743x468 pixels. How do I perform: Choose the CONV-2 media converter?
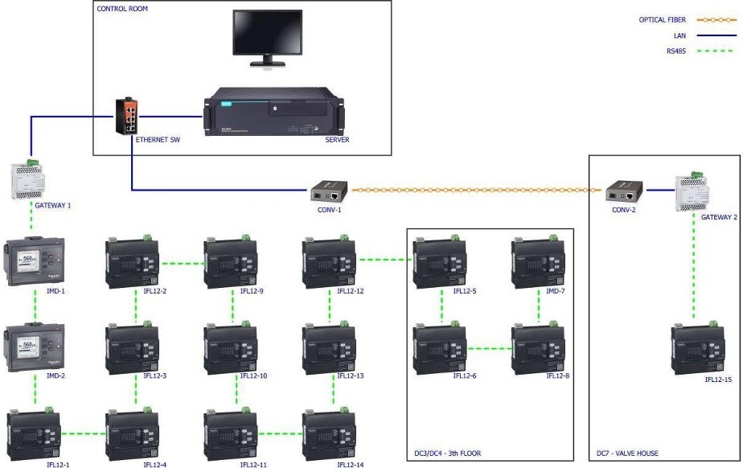pyautogui.click(x=623, y=191)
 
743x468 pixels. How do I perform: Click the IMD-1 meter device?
pyautogui.click(x=35, y=261)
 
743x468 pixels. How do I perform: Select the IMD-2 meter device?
pyautogui.click(x=35, y=347)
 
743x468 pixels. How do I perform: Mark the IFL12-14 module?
pyautogui.click(x=329, y=434)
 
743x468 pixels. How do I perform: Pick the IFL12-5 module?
pyautogui.click(x=440, y=261)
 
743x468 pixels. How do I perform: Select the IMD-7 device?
pyautogui.click(x=538, y=261)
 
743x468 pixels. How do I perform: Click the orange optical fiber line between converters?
pyautogui.click(x=474, y=191)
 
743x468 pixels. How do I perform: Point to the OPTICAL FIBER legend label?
pyautogui.click(x=663, y=19)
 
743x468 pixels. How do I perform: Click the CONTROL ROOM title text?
pyautogui.click(x=122, y=9)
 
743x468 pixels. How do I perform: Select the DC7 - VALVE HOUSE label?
pyautogui.click(x=627, y=454)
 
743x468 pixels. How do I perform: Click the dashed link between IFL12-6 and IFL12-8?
pyautogui.click(x=489, y=349)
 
